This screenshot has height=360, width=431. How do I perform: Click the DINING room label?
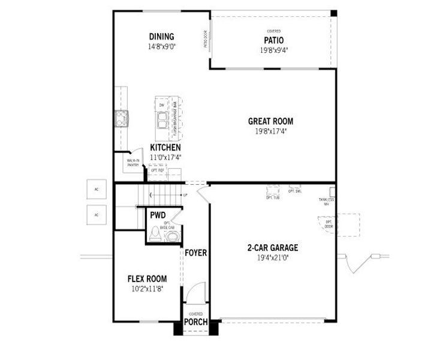[x=161, y=37]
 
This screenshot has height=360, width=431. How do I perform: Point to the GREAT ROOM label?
[x=270, y=121]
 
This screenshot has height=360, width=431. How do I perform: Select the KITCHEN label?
[x=165, y=148]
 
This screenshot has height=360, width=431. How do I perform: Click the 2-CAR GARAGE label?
[x=273, y=247]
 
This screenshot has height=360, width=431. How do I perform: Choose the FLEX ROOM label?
[x=147, y=279]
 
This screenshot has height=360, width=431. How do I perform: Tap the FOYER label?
[x=195, y=253]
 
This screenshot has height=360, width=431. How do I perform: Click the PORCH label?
[x=196, y=322]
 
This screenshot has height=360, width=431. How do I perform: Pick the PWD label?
[x=158, y=215]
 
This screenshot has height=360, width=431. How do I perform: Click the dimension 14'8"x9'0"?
[x=161, y=46]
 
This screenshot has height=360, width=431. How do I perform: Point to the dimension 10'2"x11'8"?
[x=147, y=289]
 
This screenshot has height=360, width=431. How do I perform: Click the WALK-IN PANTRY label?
[x=133, y=163]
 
